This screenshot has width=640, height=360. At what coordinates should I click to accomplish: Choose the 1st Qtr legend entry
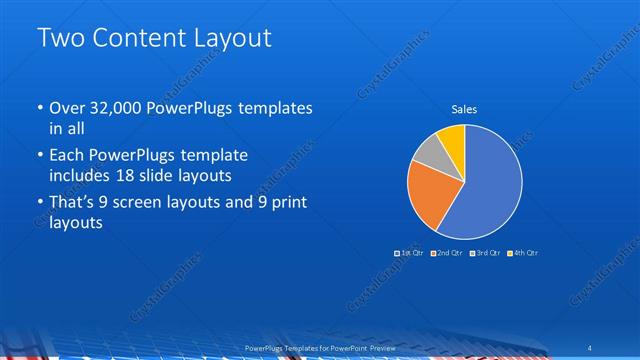[x=410, y=253]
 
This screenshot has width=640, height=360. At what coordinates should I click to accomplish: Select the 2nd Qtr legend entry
[x=448, y=253]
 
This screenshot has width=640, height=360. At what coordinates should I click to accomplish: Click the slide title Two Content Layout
[x=154, y=39]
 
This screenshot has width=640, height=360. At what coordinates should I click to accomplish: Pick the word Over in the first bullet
[x=67, y=108]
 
